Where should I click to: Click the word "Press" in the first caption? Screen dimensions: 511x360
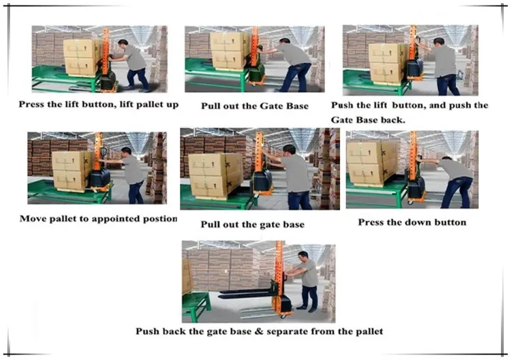tap(30, 104)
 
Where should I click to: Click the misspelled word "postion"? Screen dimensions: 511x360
tap(163, 219)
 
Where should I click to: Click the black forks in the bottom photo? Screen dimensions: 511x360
tap(246, 292)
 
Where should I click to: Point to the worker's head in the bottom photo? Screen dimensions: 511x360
tap(303, 256)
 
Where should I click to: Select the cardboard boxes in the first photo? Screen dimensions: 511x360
tap(82, 57)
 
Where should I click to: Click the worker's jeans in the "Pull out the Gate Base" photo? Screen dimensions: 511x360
tap(296, 77)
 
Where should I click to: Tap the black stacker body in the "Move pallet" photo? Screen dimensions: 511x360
tap(99, 178)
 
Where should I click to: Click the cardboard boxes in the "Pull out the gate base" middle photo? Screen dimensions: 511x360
tap(216, 175)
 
